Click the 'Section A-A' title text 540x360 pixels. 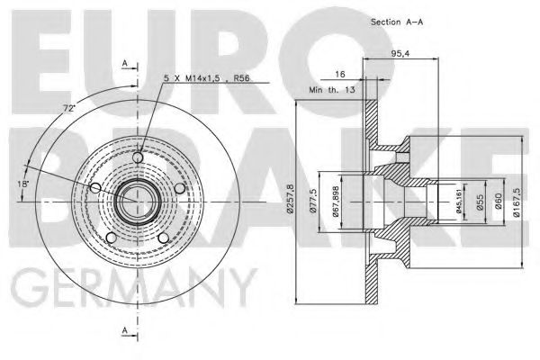(397, 20)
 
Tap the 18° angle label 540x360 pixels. (24, 184)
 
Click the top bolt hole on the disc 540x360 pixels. (137, 158)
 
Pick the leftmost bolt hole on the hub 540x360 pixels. (96, 186)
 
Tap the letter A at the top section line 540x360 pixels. (125, 63)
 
